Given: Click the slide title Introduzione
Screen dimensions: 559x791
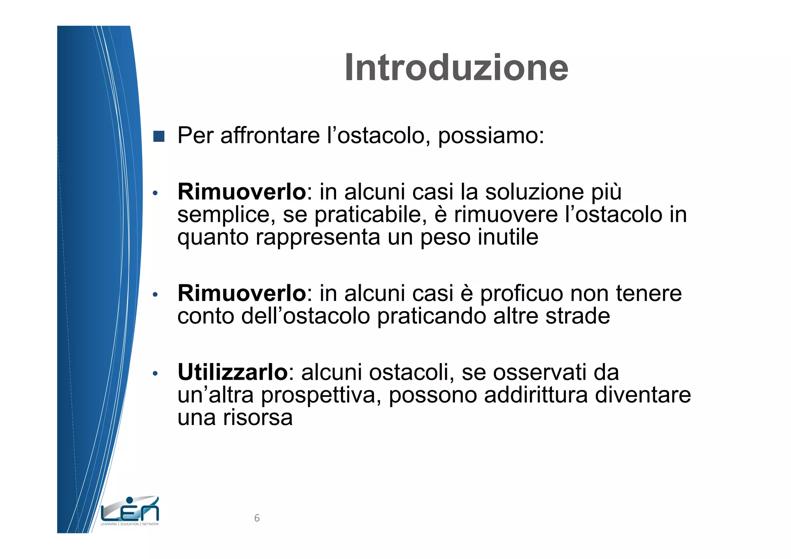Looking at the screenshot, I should pos(456,68).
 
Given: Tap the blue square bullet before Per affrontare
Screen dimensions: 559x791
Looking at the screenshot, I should pos(159,136).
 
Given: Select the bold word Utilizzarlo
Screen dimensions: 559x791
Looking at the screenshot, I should pos(233,372).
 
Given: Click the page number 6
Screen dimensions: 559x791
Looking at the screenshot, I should pos(257,518).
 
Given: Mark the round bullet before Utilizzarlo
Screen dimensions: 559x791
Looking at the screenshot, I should pos(155,374).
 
